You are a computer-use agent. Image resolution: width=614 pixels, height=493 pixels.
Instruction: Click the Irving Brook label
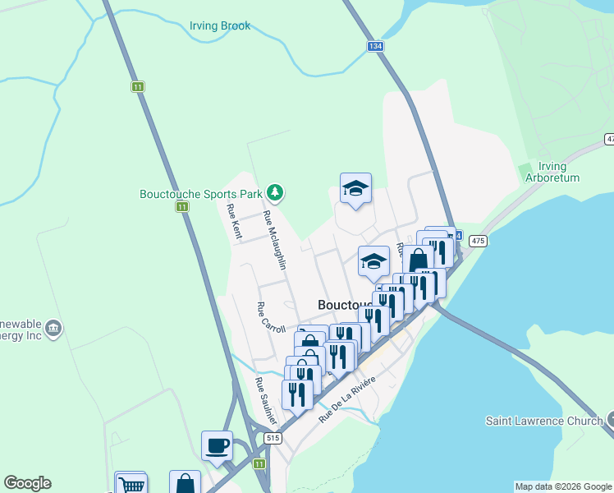[x=220, y=26]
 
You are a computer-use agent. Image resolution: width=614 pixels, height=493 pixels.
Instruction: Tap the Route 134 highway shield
[x=375, y=46]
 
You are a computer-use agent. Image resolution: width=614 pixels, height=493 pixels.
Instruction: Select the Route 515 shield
[x=273, y=439]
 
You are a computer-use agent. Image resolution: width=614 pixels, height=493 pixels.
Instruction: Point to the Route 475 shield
[x=479, y=240]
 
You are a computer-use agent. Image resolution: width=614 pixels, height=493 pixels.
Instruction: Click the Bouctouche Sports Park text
[x=200, y=195]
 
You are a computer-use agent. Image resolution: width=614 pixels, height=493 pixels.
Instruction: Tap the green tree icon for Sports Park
[x=275, y=194]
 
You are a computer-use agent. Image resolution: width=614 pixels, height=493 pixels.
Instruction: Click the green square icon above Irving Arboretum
[x=526, y=171]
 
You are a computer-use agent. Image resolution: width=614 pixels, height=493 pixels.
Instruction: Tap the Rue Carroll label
[x=271, y=318]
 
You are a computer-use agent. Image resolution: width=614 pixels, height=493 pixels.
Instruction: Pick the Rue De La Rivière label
[x=347, y=400]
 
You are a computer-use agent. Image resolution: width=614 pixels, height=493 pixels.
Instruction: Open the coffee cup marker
[x=217, y=445]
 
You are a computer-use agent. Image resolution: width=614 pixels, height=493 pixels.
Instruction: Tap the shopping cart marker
[x=131, y=484]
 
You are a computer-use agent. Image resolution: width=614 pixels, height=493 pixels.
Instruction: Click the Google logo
[x=27, y=483]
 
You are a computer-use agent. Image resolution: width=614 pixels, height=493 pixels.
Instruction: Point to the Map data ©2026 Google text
[x=563, y=486]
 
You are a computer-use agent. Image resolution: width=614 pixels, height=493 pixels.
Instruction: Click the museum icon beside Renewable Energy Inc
[x=54, y=329]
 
